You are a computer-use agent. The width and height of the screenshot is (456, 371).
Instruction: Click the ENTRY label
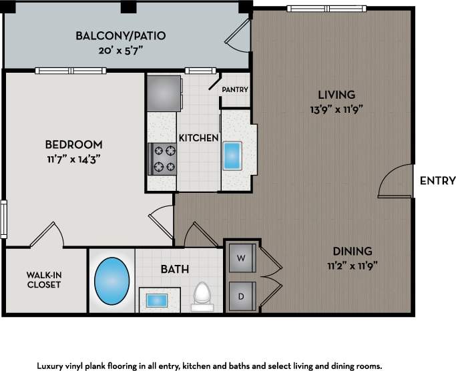[438, 181]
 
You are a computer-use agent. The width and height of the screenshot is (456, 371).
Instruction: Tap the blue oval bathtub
[112, 281]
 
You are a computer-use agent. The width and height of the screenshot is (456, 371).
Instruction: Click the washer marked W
[242, 258]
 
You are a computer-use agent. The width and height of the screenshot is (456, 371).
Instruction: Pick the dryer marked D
[242, 296]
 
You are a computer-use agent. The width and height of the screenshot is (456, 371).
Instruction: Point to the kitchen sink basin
[232, 156]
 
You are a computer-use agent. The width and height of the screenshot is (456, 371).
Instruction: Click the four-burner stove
[162, 159]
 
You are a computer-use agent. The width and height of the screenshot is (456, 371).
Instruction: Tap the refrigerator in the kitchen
[164, 93]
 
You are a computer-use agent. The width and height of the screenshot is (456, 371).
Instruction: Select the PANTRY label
[235, 89]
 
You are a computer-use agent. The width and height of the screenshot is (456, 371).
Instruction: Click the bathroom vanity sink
[157, 300]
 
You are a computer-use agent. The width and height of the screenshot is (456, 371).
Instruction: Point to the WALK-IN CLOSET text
[44, 280]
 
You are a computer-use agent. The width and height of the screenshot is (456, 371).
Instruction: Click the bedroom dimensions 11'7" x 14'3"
[74, 159]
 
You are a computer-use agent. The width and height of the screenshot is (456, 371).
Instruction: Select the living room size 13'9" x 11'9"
[336, 110]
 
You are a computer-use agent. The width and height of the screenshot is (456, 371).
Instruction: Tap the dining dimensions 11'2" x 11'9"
[353, 266]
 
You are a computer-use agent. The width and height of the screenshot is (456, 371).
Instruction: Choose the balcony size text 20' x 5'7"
[121, 51]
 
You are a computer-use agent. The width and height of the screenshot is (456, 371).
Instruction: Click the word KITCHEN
[199, 138]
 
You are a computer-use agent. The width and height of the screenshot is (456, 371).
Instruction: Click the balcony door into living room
[237, 35]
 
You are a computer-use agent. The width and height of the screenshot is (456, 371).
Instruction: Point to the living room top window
[326, 9]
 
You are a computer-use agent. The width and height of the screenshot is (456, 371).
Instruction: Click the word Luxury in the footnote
[49, 366]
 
